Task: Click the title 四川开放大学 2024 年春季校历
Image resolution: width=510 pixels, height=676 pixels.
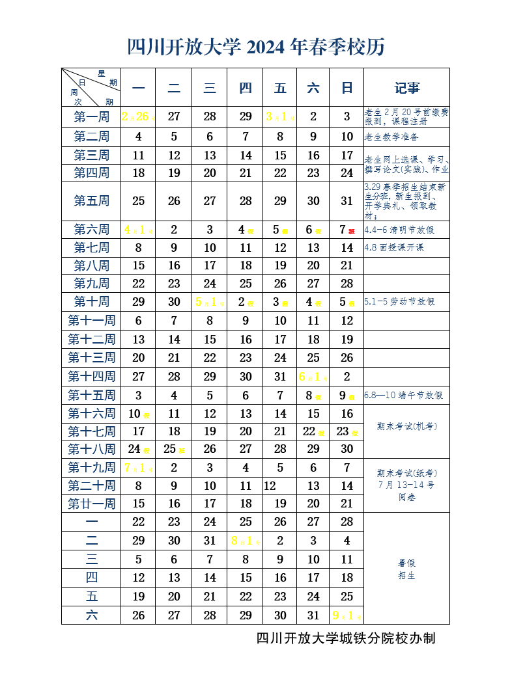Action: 256,47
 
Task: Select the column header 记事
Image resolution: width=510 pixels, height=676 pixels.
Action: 406,88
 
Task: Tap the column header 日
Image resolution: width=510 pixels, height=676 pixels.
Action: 347,88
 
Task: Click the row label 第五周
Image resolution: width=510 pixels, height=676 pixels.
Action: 91,201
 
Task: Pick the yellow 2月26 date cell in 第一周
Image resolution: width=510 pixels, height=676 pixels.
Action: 137,117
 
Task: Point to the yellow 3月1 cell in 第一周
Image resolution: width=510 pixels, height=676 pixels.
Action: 280,117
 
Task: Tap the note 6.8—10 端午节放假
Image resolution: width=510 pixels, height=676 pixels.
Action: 403,396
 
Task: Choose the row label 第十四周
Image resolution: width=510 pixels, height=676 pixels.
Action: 91,377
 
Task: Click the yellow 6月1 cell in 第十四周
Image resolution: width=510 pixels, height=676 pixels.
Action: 313,377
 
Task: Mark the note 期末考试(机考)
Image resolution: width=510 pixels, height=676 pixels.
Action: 406,427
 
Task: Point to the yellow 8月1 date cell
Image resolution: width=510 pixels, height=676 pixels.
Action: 245,541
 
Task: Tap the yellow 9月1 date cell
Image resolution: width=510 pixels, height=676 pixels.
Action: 346,615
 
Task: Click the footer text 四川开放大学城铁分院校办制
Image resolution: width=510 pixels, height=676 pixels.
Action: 346,638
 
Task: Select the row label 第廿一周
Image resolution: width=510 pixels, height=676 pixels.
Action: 91,504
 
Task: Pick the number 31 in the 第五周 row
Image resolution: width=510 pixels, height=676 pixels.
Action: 347,201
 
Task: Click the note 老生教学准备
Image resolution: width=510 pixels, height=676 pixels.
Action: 391,137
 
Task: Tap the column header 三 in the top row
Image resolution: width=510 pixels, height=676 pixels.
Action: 209,88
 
